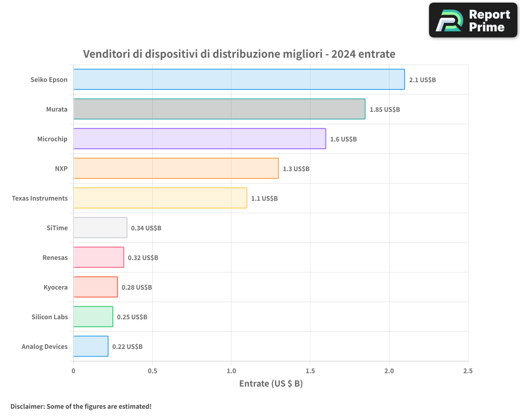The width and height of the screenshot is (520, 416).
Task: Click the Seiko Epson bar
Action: pyautogui.click(x=239, y=80)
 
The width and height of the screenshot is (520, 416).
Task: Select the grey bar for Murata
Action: pyautogui.click(x=219, y=109)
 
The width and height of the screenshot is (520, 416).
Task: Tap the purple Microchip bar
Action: pyautogui.click(x=199, y=139)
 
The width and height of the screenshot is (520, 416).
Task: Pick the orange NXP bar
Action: pyautogui.click(x=176, y=168)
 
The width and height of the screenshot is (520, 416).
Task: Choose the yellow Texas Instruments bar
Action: pyautogui.click(x=160, y=198)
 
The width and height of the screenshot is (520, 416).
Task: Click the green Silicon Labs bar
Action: pyautogui.click(x=93, y=317)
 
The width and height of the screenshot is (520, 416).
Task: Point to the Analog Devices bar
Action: pyautogui.click(x=90, y=346)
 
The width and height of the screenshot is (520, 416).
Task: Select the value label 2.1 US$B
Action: pyautogui.click(x=422, y=80)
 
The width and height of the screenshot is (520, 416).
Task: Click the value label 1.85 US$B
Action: pyautogui.click(x=384, y=110)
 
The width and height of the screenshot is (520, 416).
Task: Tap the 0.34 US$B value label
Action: pyautogui.click(x=146, y=228)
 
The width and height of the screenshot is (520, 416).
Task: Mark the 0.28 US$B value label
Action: pyautogui.click(x=137, y=288)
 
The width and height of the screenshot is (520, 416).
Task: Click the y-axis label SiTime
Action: pyautogui.click(x=57, y=228)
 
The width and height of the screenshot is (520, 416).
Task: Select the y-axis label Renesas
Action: pyautogui.click(x=55, y=257)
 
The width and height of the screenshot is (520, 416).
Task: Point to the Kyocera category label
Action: pyautogui.click(x=55, y=287)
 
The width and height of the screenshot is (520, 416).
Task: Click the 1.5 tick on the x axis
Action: pyautogui.click(x=310, y=371)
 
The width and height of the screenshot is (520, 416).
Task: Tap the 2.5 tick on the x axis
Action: pyautogui.click(x=467, y=371)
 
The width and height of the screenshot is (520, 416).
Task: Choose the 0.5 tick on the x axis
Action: pyautogui.click(x=152, y=371)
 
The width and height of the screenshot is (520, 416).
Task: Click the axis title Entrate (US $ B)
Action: pyautogui.click(x=270, y=384)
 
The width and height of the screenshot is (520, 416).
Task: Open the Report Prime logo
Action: pyautogui.click(x=473, y=20)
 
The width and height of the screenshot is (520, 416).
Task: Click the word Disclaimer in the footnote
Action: pyautogui.click(x=27, y=406)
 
